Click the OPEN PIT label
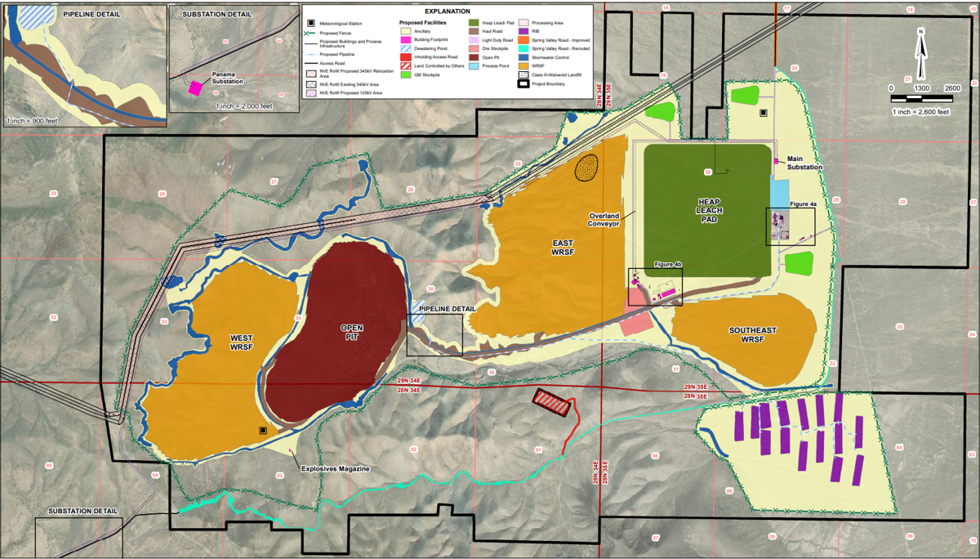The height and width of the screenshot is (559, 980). coord(351,333)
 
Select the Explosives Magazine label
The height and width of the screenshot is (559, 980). coord(336,469)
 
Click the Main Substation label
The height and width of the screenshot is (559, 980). coord(804,163)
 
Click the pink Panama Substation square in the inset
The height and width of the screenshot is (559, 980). coord(196,87)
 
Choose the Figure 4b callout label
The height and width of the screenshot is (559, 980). coord(668,264)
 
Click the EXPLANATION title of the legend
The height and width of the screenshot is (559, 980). coord(447,11)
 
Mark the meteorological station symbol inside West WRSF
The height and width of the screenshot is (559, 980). coord(262,430)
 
